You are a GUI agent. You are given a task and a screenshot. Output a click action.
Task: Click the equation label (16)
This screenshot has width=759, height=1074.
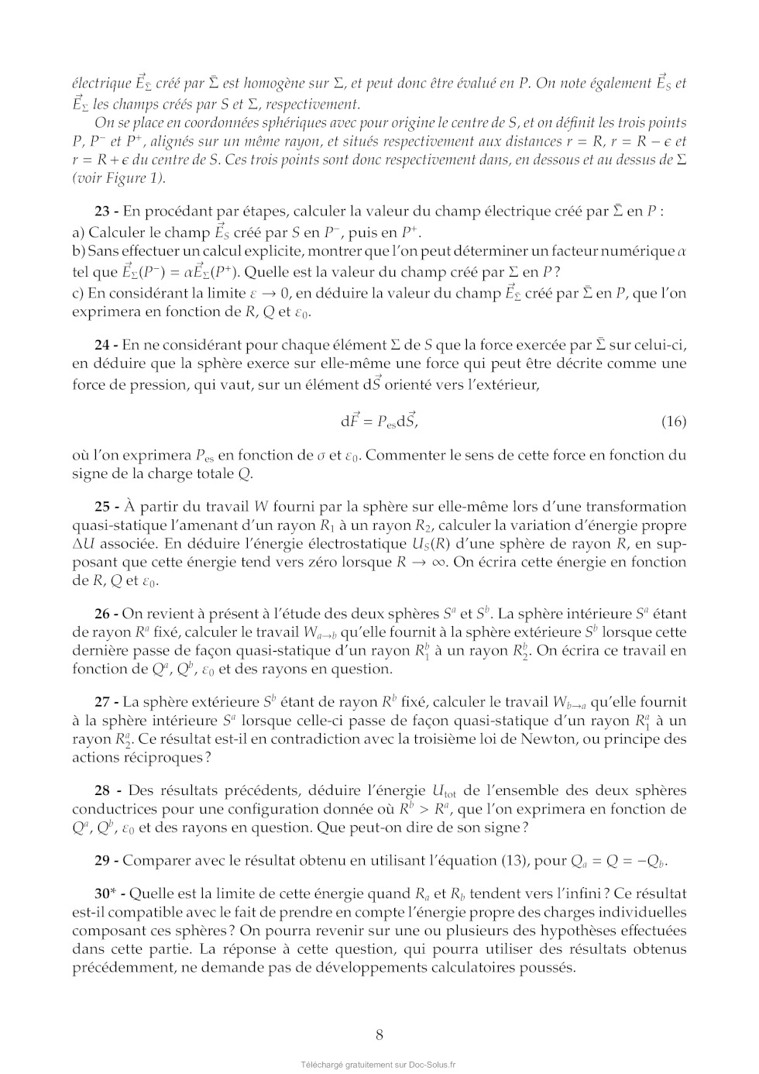[x=674, y=422]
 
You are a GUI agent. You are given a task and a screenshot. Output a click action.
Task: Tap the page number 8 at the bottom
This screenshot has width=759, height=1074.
[x=379, y=1034]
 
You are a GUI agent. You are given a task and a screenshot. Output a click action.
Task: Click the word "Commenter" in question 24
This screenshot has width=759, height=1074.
[x=400, y=455]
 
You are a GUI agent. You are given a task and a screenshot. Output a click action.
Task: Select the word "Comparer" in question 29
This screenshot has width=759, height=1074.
[x=151, y=860]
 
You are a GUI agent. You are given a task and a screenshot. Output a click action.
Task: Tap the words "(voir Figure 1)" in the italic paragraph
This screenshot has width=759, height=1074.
[x=118, y=178]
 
